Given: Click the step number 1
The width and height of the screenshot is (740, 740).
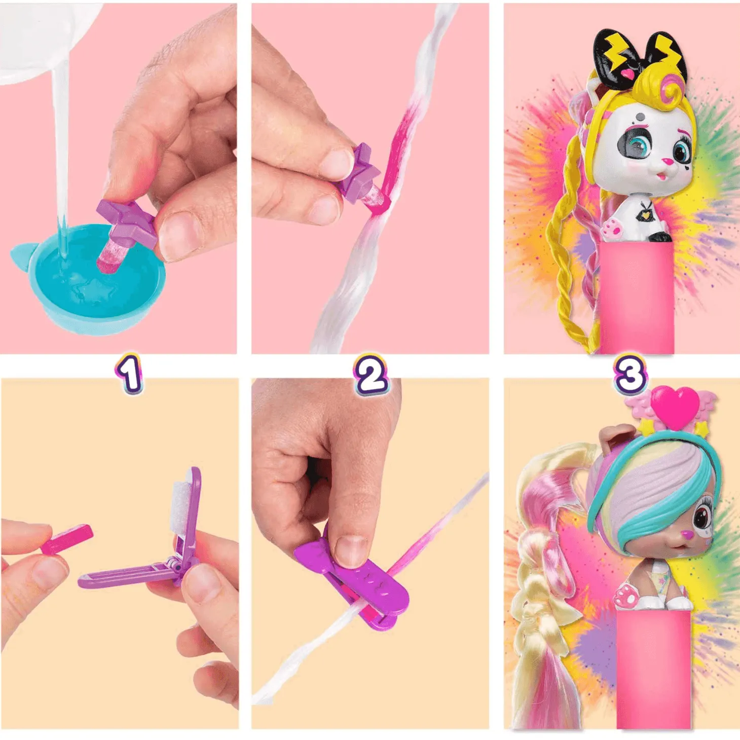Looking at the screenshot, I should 130,374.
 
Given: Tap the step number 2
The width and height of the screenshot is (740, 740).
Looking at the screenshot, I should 371,375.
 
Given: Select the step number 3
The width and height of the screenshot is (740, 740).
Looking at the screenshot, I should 630,374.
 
